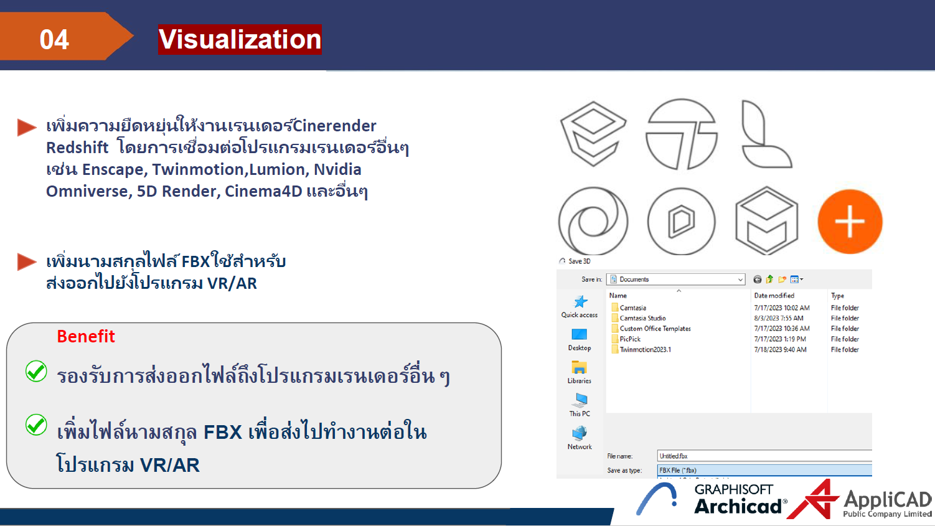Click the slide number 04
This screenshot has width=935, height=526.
coord(54,40)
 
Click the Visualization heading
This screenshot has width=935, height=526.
coord(240,39)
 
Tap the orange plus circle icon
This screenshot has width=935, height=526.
coord(850,222)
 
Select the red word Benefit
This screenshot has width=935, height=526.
coord(86,336)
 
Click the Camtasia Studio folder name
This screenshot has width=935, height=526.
coord(642,318)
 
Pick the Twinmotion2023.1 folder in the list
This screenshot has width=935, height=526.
coord(645,350)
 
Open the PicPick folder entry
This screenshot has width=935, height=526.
coord(630,339)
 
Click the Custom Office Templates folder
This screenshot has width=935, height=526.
coord(655,329)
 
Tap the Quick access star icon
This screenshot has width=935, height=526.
coord(580,303)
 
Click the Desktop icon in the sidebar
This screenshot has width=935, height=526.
coord(580,336)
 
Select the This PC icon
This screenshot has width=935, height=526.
coord(580,400)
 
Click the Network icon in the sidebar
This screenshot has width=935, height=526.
coord(580,433)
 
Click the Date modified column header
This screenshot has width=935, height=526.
coord(774,296)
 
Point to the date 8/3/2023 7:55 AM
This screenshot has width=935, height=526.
coord(778,318)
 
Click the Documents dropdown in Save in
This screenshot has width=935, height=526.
coord(676,279)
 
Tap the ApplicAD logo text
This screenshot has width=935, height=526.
coord(887,500)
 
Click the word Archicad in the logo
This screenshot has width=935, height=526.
coord(738,507)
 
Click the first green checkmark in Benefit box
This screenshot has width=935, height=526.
coord(36,371)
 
